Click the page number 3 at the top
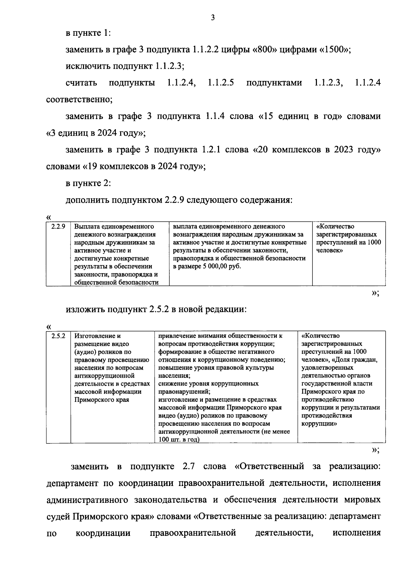coord(213,18)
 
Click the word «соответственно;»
coord(79,100)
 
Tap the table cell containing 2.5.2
coord(58,336)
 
